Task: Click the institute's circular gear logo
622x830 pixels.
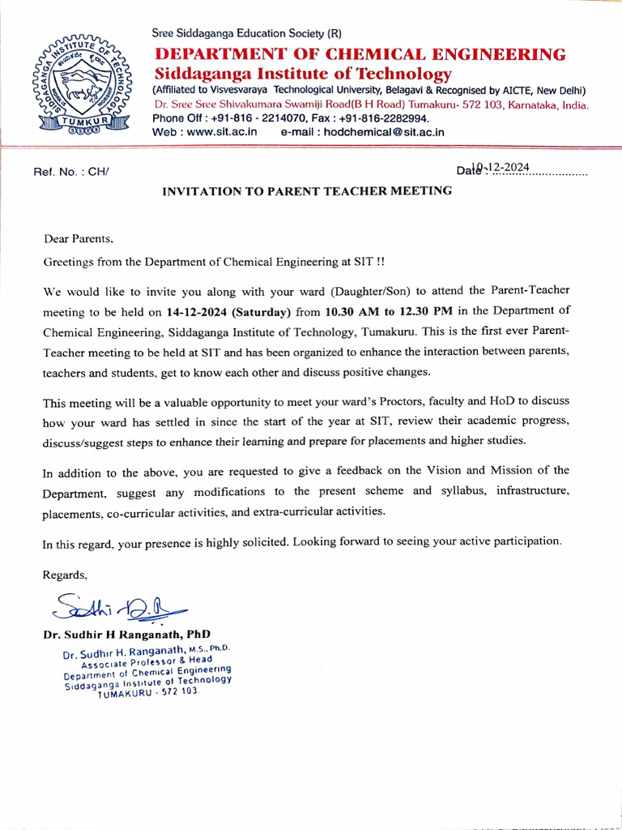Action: (x=74, y=83)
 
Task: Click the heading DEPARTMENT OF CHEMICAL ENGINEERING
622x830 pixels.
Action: (x=360, y=54)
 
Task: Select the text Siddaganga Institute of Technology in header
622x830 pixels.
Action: (x=302, y=74)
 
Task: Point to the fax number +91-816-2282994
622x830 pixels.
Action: (x=384, y=118)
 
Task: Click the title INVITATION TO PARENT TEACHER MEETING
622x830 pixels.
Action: (x=307, y=191)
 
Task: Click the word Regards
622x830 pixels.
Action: (x=65, y=575)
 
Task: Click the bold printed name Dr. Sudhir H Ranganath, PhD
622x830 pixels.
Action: (x=126, y=634)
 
